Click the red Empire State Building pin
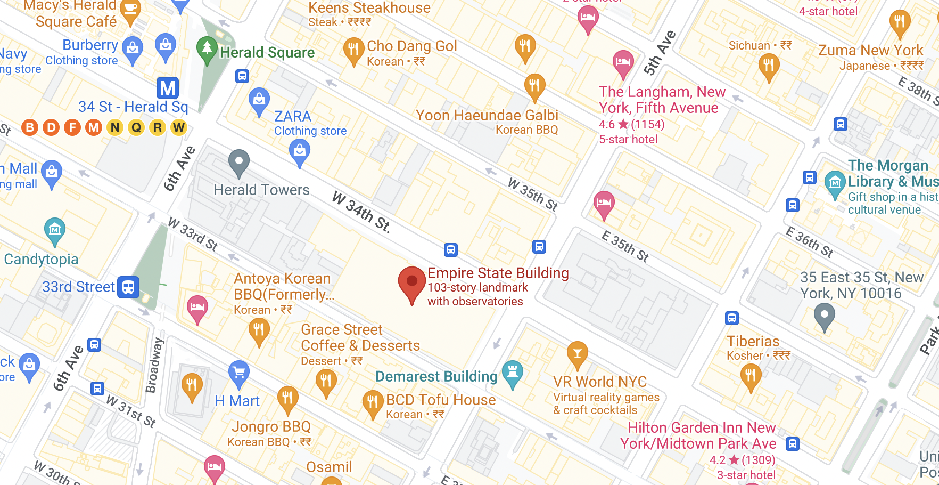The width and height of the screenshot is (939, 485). (411, 282)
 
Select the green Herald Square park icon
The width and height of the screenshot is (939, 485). (207, 48)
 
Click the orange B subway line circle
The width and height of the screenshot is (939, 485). (30, 127)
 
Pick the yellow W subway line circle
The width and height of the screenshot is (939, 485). (179, 127)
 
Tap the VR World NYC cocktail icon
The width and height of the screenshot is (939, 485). (577, 353)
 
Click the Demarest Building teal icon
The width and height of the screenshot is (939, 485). (512, 372)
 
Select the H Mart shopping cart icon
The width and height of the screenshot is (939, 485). (239, 373)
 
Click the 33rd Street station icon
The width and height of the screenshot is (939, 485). (128, 287)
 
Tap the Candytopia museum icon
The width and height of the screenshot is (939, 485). (55, 230)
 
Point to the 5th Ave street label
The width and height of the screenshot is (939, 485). (660, 53)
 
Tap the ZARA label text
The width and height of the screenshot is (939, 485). (293, 116)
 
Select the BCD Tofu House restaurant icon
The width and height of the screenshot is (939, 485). (373, 402)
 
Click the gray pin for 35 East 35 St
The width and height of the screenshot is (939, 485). (824, 315)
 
